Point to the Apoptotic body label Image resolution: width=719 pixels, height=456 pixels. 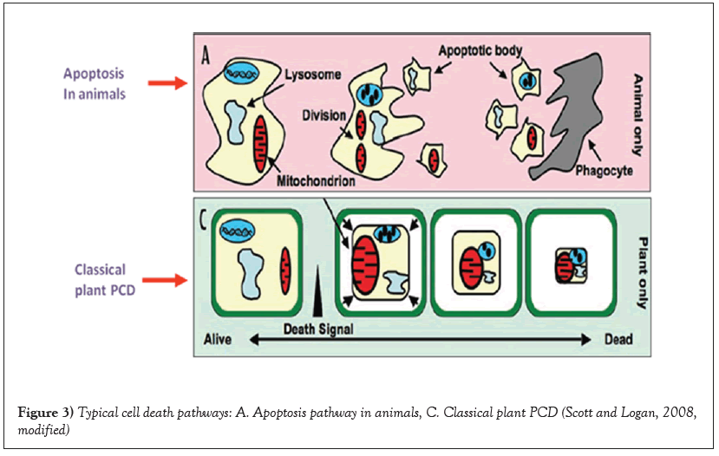click(480, 49)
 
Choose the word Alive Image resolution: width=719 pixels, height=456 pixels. click(218, 339)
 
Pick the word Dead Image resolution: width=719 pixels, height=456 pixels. click(618, 339)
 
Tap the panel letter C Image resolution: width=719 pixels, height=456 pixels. click(206, 218)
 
